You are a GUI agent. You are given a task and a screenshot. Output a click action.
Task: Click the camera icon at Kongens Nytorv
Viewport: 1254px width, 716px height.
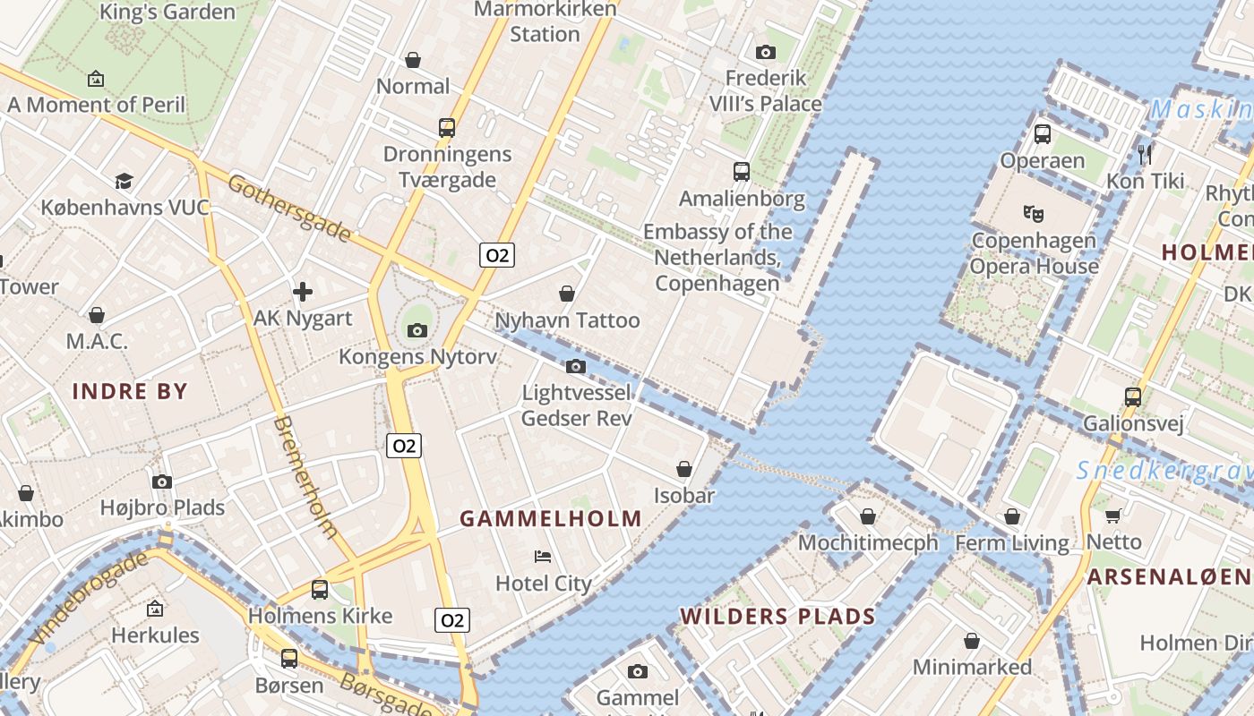pos(417,331)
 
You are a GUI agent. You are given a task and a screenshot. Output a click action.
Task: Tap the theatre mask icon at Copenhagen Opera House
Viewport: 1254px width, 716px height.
pos(1034,214)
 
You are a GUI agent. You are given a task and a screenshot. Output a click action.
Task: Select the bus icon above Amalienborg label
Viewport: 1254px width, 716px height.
pos(741,172)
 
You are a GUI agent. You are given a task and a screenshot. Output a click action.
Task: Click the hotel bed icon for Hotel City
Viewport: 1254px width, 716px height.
pos(543,557)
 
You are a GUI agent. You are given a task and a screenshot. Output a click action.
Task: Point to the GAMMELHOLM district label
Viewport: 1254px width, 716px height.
pos(551,518)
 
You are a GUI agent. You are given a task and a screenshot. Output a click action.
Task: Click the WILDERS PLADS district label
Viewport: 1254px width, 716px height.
pos(777,616)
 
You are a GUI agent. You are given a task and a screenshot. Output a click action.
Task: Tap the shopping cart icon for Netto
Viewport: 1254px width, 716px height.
pos(1113,516)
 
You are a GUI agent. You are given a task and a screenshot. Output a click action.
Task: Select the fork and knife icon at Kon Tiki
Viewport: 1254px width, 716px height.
pos(1144,154)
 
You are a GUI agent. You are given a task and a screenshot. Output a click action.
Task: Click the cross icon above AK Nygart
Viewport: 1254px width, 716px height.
pos(303,292)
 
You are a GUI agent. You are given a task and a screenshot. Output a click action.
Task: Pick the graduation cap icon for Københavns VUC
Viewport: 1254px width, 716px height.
pos(124,182)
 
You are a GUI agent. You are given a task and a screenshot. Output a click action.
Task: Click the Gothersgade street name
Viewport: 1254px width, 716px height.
pos(288,209)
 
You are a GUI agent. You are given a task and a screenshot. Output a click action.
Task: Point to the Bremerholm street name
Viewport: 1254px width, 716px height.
pos(305,476)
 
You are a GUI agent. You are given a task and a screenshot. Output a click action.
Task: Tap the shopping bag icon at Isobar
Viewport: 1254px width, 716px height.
pos(683,469)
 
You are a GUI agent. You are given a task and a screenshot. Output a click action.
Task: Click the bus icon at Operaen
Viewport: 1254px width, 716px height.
pos(1042,134)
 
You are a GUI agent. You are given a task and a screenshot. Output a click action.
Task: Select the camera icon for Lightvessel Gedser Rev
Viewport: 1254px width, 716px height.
pos(576,366)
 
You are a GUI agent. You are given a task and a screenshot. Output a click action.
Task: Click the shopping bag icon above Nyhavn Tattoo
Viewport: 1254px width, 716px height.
pos(567,294)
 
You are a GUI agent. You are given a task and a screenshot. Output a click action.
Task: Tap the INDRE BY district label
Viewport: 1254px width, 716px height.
pos(130,391)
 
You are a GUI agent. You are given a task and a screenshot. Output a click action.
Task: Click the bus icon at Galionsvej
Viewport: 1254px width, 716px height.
pos(1133,396)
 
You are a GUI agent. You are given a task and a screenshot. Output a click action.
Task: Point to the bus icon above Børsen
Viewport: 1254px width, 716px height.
pos(288,659)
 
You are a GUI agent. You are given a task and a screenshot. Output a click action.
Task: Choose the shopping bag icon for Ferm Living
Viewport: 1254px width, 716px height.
pos(1012,516)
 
